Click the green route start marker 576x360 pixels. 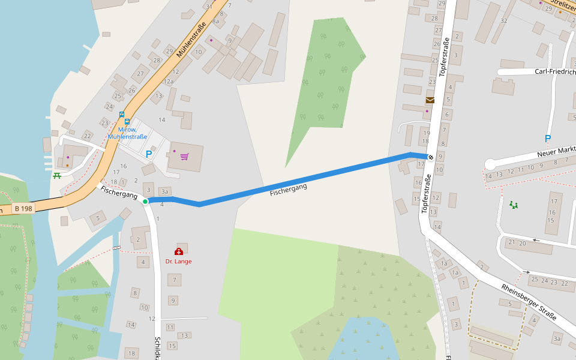coord(145,202)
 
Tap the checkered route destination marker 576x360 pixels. coord(430,157)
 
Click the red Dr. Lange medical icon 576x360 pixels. coord(178,252)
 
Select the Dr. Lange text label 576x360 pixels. coord(178,262)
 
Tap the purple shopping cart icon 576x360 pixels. coord(184,157)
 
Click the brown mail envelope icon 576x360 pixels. coord(430,100)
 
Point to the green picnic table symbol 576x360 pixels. coord(57,176)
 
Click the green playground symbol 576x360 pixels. coord(514,205)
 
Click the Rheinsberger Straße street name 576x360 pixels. coord(529,302)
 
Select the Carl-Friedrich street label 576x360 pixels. coord(554,72)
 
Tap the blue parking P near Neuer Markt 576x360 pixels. coord(547,139)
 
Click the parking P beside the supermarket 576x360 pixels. coord(149,154)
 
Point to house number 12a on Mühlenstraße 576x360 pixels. coord(169,82)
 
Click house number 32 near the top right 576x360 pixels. coord(504,20)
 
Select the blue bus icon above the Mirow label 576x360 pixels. coord(121,114)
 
